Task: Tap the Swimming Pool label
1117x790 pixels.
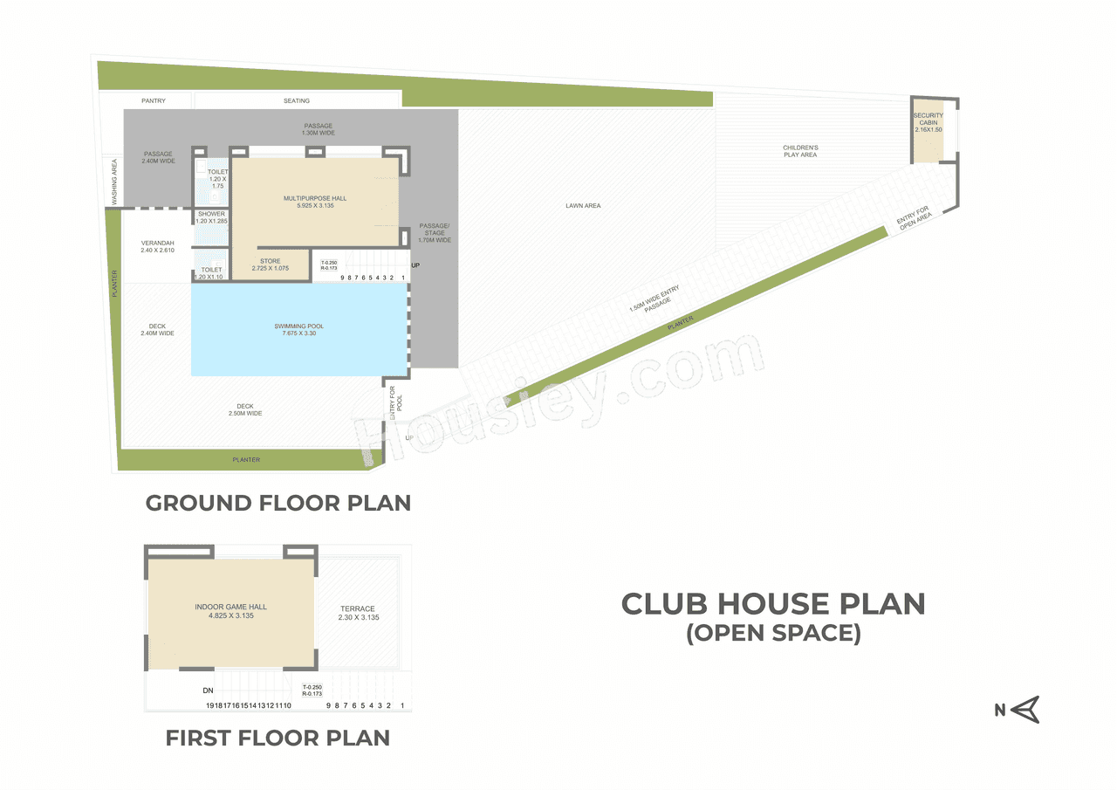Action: point(299,330)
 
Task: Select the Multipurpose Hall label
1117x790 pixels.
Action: point(314,203)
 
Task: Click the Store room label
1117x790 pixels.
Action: point(271,264)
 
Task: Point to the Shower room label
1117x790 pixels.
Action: point(211,217)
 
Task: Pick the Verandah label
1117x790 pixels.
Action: point(157,246)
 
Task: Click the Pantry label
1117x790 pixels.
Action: point(154,101)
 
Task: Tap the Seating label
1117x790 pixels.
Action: point(297,101)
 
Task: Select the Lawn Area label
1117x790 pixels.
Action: point(583,206)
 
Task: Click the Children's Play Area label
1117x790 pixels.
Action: point(800,151)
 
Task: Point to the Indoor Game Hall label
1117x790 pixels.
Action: point(231,611)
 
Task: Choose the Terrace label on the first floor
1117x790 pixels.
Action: point(358,613)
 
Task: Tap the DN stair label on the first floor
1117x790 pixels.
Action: point(208,690)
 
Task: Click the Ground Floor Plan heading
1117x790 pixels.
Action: point(278,503)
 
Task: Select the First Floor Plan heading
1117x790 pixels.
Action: point(278,738)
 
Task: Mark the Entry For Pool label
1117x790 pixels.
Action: point(395,402)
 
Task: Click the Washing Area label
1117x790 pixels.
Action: point(113,181)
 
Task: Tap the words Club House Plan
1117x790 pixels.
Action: point(772,603)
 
